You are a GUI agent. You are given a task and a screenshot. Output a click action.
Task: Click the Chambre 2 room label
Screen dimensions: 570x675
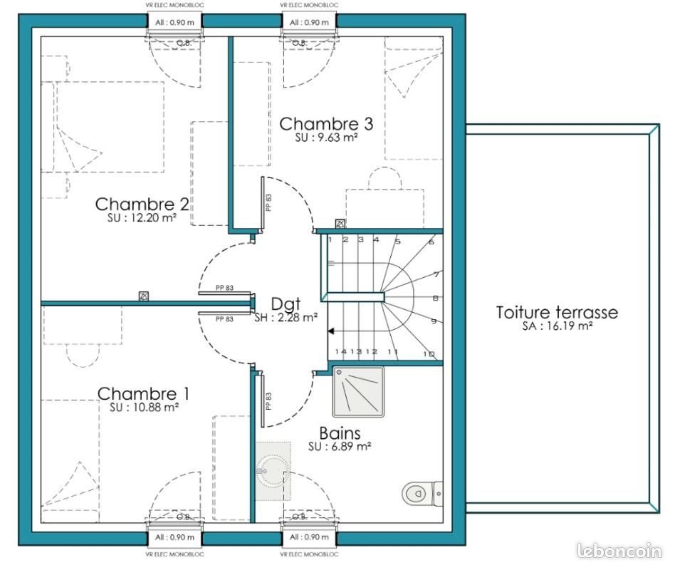(142, 204)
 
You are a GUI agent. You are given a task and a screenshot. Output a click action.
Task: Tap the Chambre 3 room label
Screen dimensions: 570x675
(325, 124)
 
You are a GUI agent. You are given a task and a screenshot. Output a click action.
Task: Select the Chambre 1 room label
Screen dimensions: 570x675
(143, 393)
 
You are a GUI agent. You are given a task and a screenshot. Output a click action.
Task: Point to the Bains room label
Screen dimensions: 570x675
(339, 432)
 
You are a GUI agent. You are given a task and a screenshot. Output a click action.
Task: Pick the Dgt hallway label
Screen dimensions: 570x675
(286, 304)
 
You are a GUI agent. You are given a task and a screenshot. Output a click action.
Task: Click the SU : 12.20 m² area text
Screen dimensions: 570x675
(143, 219)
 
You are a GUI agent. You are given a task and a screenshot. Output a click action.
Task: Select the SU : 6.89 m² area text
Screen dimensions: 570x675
(339, 447)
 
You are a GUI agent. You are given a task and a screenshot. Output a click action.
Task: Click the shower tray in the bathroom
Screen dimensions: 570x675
(357, 391)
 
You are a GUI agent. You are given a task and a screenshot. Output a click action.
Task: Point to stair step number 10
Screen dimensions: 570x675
(429, 353)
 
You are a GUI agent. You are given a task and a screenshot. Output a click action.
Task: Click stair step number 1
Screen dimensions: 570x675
(330, 240)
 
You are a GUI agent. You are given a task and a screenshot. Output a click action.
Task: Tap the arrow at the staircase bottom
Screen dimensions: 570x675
(332, 331)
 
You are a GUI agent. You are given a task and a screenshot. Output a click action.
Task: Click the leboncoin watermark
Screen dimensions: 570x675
(619, 551)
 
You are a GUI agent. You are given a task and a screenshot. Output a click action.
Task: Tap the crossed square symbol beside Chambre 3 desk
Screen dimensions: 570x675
(340, 224)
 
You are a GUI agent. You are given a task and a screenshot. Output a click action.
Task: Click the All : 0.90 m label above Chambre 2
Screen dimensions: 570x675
(173, 22)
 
